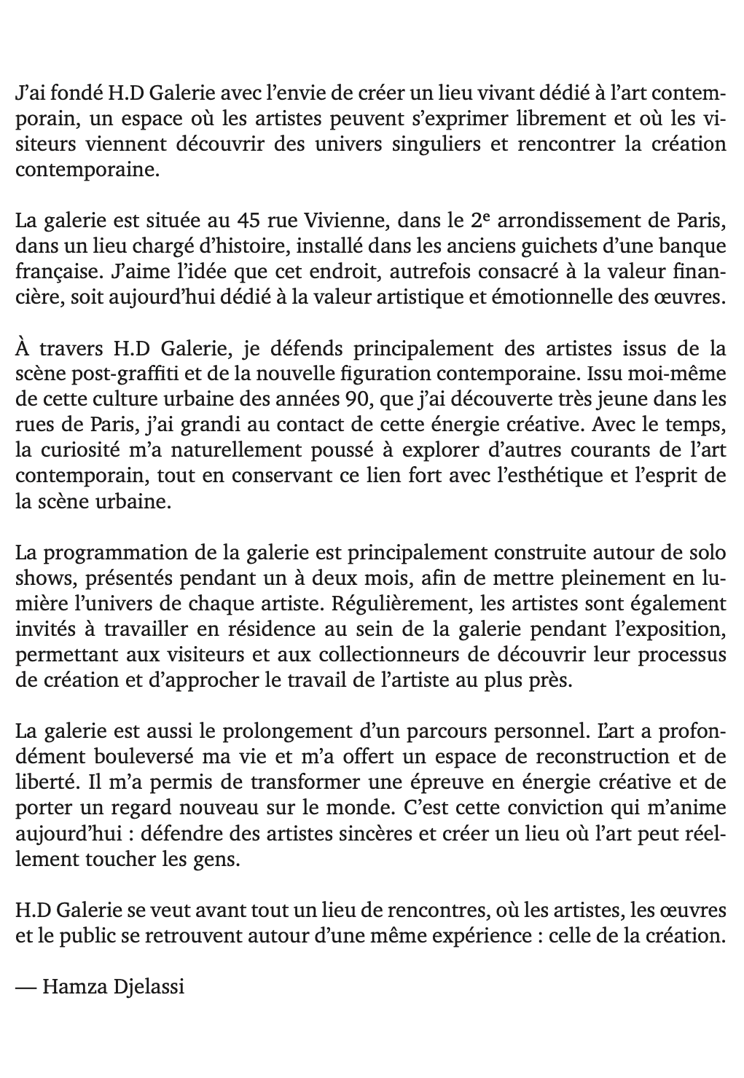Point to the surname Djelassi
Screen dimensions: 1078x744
pos(149,988)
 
